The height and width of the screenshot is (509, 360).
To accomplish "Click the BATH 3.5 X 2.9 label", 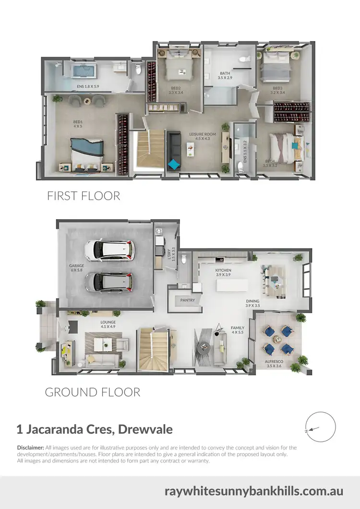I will point(225,75).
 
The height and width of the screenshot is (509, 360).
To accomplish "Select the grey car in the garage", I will point(109,282).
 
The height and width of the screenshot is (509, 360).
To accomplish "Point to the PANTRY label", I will point(187,300).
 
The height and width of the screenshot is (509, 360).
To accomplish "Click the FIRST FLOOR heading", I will point(83,196).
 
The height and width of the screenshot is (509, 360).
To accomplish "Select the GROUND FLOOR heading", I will point(93,392).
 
